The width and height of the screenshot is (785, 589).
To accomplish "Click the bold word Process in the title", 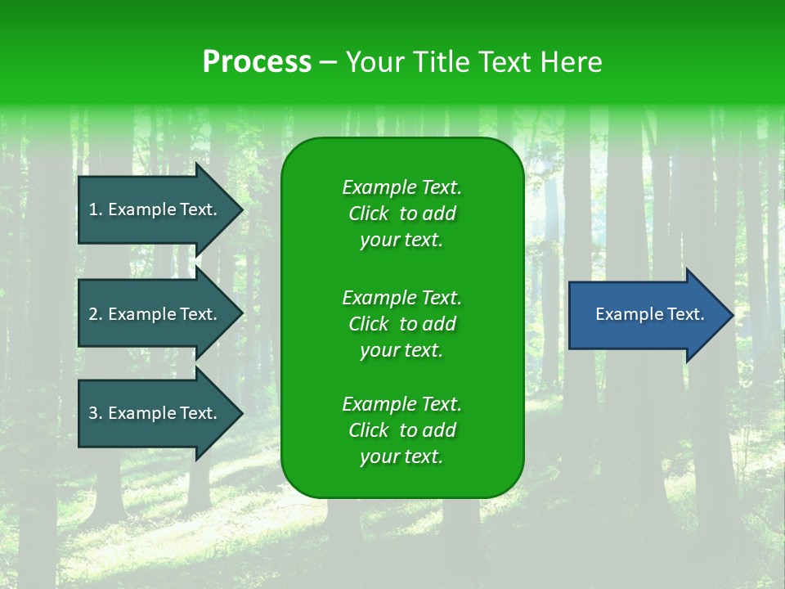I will (x=257, y=62).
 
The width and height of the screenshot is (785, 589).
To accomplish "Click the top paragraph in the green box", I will (x=401, y=214).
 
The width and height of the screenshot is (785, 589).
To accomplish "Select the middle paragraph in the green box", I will (x=401, y=324).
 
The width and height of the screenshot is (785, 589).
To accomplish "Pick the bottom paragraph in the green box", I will (x=401, y=430).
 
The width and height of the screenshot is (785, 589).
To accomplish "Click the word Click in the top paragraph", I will (x=368, y=214).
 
